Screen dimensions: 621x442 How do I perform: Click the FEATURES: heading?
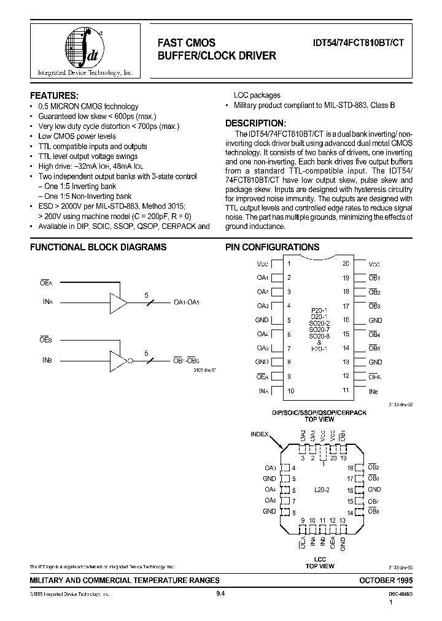pyautogui.click(x=55, y=96)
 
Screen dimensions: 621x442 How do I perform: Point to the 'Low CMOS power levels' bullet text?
pyautogui.click(x=77, y=136)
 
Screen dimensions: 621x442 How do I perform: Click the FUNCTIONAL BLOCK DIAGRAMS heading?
pyautogui.click(x=98, y=247)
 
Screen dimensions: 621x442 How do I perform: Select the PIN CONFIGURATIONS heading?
pyautogui.click(x=273, y=247)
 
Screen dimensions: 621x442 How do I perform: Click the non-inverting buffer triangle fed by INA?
pyautogui.click(x=117, y=302)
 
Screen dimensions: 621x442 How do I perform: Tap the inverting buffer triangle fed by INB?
pyautogui.click(x=117, y=359)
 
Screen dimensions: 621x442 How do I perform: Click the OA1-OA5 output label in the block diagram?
pyautogui.click(x=187, y=302)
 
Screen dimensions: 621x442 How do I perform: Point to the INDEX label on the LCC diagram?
pyautogui.click(x=260, y=434)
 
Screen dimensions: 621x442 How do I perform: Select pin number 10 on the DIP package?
pyautogui.click(x=290, y=390)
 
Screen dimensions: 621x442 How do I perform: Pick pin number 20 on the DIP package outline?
pyautogui.click(x=346, y=263)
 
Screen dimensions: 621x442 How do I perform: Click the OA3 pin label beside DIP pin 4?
pyautogui.click(x=262, y=306)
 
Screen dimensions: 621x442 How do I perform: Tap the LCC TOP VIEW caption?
pyautogui.click(x=319, y=562)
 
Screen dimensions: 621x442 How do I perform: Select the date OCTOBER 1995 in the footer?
pyautogui.click(x=384, y=580)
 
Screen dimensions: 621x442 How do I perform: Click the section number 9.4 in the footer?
pyautogui.click(x=220, y=594)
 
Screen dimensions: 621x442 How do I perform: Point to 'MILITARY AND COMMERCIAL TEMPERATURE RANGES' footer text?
pyautogui.click(x=125, y=580)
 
